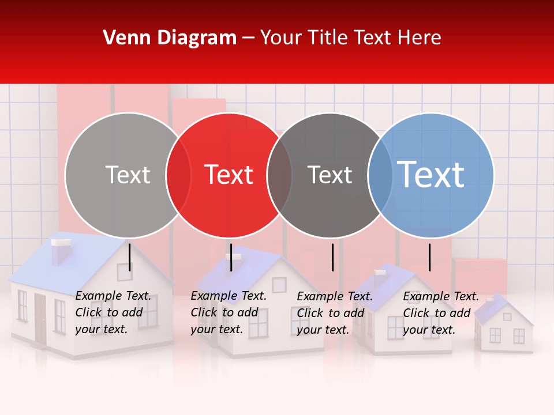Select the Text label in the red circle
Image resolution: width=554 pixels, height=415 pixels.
(229, 175)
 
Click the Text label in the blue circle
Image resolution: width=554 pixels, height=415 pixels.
(431, 175)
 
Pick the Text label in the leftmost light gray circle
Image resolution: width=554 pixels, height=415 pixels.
(128, 175)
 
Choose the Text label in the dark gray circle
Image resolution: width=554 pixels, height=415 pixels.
(330, 175)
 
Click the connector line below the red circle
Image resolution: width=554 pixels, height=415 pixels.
(231, 257)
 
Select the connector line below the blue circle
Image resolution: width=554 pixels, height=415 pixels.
(429, 257)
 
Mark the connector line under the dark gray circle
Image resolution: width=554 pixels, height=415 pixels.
(332, 257)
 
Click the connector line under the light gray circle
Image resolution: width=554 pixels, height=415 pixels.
(130, 257)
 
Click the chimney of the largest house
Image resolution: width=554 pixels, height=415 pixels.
(60, 251)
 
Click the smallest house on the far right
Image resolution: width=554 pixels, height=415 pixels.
(503, 326)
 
